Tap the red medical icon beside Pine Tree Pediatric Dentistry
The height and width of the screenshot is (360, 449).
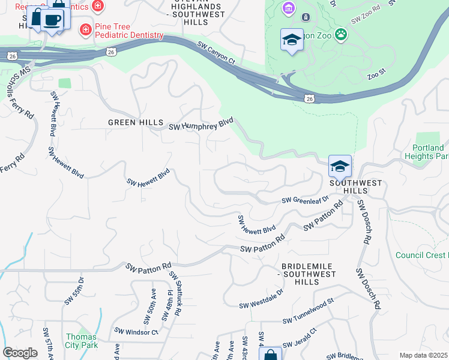86,29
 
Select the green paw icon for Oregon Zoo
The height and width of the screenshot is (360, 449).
341,35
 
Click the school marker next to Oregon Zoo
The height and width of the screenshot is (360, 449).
292,40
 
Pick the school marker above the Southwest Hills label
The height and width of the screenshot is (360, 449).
340,166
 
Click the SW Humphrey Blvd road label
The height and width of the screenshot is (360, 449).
200,125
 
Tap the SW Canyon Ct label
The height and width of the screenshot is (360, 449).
216,53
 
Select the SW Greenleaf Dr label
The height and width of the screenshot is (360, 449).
306,200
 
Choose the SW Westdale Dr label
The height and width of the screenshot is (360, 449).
261,305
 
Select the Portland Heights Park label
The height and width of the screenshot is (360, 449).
429,152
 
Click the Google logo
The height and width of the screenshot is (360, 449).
20,353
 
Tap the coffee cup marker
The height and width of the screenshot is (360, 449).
53,20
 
